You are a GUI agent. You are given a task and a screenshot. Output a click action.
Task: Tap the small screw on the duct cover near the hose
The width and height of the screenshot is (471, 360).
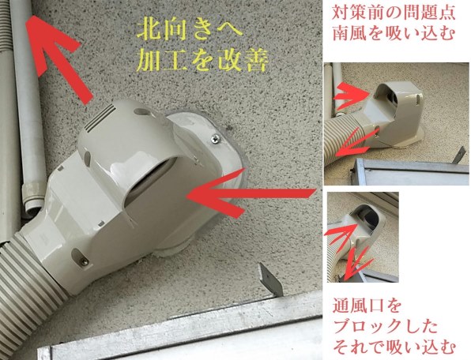[79, 254]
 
